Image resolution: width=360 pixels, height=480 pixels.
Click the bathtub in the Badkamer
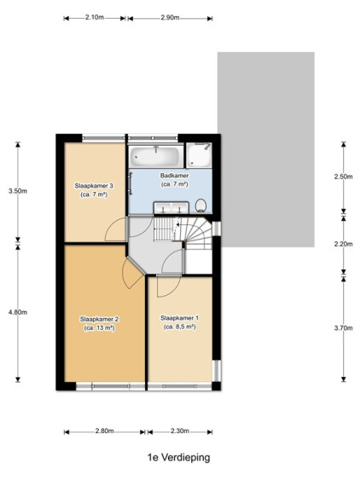156,156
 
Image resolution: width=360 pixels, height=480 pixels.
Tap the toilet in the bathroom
200,205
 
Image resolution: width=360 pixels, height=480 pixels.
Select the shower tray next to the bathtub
200,155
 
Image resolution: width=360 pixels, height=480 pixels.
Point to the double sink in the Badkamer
171,207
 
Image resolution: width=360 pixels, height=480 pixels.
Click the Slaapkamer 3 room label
94,190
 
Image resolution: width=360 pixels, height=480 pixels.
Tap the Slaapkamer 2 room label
99,324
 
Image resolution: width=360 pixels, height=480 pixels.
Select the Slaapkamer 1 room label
179,322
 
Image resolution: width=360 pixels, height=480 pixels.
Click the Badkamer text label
174,176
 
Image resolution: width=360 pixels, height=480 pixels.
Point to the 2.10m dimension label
95,17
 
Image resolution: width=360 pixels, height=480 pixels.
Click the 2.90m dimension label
170,17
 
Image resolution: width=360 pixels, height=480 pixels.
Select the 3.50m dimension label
18,191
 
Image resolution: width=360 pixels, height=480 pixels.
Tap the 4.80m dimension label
18,312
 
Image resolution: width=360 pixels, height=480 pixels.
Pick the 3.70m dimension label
344,328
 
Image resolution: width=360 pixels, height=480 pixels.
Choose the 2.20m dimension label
344,244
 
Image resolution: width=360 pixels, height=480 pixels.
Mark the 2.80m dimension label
104,431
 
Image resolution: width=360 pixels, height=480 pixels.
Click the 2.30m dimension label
180,431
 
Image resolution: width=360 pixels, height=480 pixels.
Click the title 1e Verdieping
179,458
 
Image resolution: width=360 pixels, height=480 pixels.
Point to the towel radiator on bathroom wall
131,183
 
